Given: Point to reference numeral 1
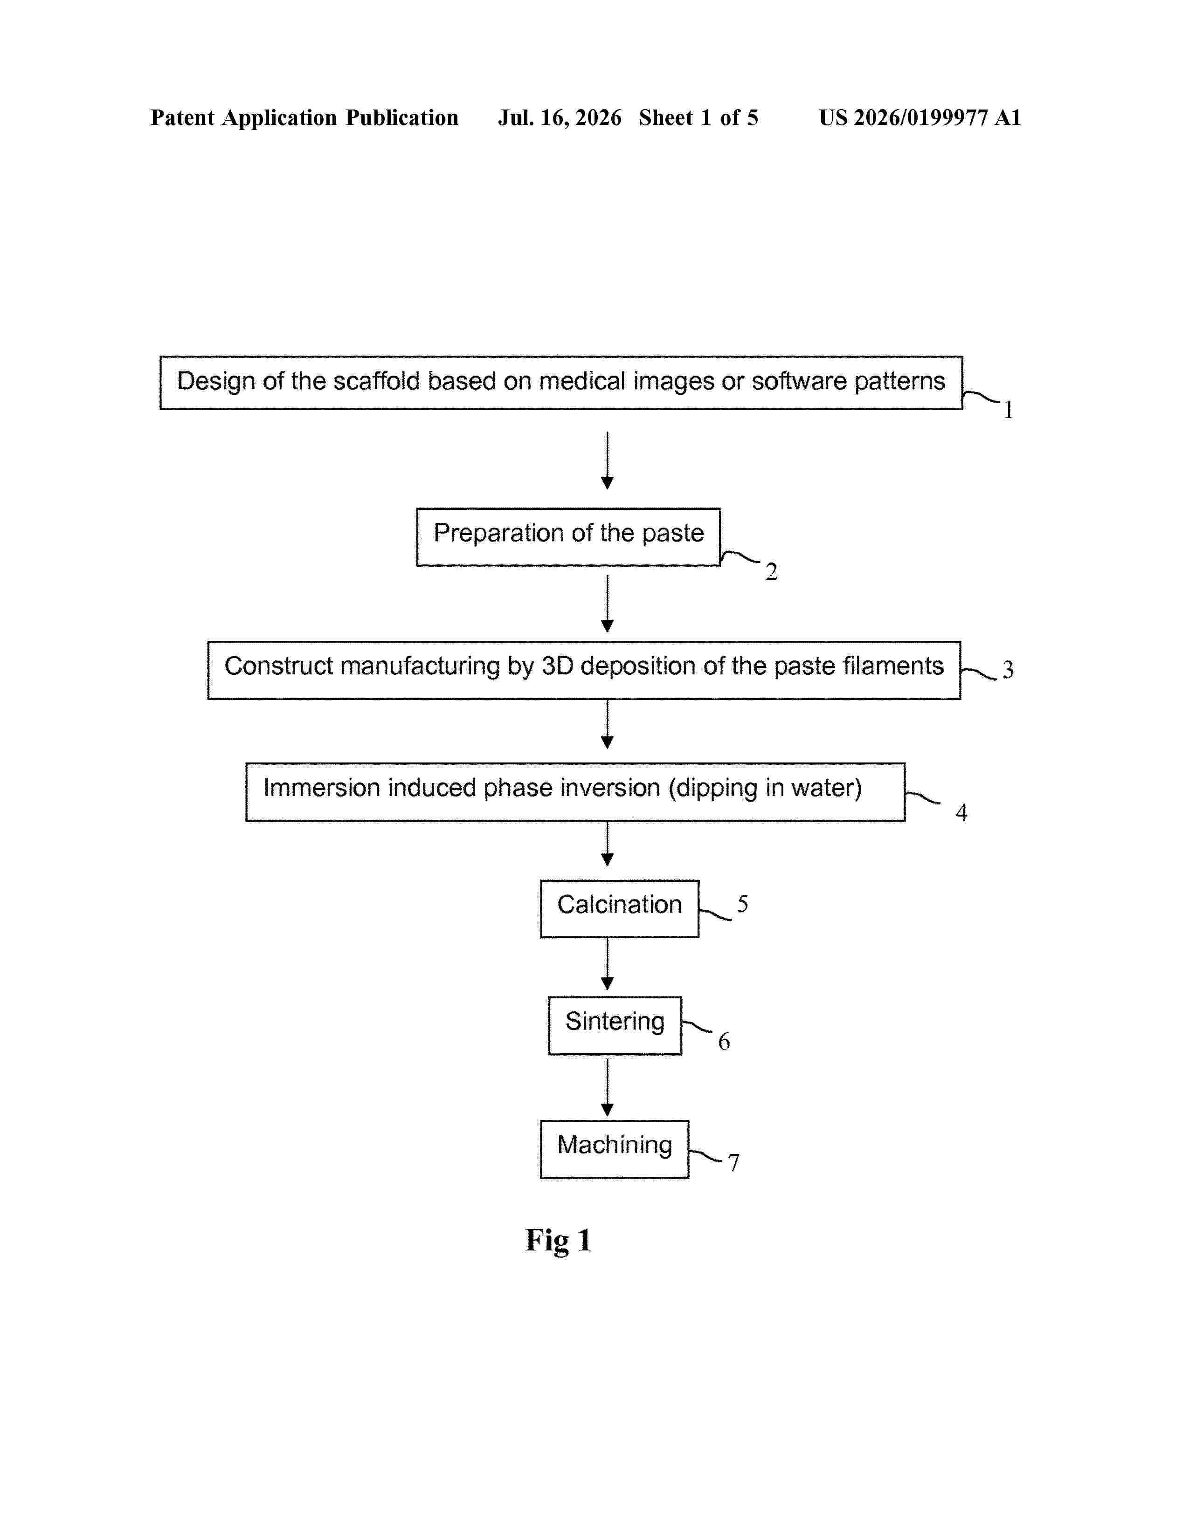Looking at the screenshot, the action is pos(1008,410).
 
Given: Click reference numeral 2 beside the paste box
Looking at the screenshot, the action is pos(771,571).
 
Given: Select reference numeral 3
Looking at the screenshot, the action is pos(1008,670).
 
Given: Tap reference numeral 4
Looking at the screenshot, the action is pos(961,813).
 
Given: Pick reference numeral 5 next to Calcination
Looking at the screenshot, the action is pos(742,904).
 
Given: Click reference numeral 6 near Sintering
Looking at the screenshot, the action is pos(724,1042).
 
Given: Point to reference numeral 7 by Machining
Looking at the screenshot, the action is pos(733,1163).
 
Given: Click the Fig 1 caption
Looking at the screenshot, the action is pos(558,1241).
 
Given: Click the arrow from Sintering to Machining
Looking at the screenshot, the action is pos(607,1086).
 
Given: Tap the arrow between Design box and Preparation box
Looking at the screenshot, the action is pos(607,460).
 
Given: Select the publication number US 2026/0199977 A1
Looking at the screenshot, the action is pos(920,117).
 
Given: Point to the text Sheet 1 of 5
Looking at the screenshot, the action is pos(699,117).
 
